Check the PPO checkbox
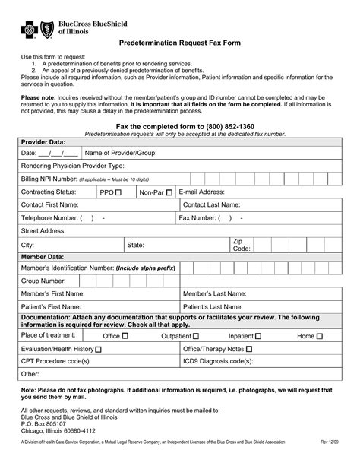tap(118, 192)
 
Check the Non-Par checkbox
tap(169, 192)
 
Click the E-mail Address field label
tap(201, 192)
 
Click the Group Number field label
tap(43, 280)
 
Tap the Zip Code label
tap(241, 244)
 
